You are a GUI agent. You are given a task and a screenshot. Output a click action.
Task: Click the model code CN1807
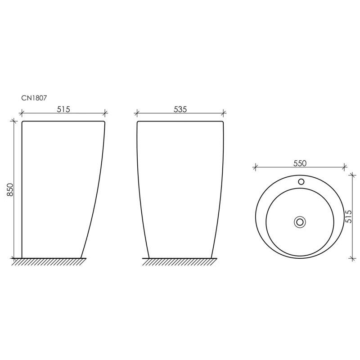click(x=34, y=98)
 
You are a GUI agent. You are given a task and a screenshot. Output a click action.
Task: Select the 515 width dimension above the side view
click(x=63, y=109)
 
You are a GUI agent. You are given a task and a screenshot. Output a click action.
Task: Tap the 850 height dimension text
click(x=10, y=189)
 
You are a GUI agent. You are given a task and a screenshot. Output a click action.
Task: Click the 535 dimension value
click(x=180, y=109)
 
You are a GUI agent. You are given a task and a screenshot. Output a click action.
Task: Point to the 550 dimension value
click(x=300, y=163)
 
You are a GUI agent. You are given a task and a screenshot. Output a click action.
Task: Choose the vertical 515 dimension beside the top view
click(x=349, y=216)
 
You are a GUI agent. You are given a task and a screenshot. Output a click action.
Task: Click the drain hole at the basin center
click(x=300, y=222)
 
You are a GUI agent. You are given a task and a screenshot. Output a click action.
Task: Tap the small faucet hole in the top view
click(x=301, y=182)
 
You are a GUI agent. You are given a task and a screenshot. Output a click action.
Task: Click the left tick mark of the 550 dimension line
click(x=255, y=167)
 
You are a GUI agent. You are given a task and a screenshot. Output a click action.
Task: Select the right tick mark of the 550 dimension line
click(x=344, y=167)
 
